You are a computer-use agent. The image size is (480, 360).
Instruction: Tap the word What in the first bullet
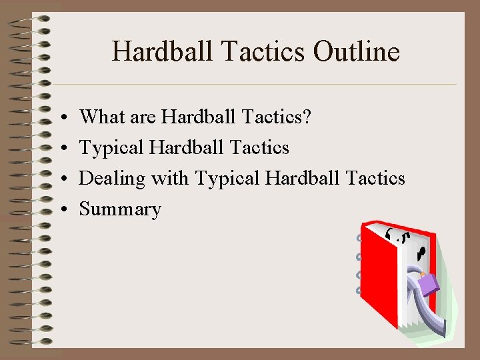pyautogui.click(x=100, y=117)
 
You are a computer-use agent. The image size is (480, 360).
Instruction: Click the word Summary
pyautogui.click(x=120, y=209)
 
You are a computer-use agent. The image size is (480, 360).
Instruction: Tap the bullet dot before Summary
pyautogui.click(x=60, y=210)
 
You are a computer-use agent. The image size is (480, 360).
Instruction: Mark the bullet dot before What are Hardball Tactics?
pyautogui.click(x=60, y=117)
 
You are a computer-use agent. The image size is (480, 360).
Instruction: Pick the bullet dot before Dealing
pyautogui.click(x=60, y=179)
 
